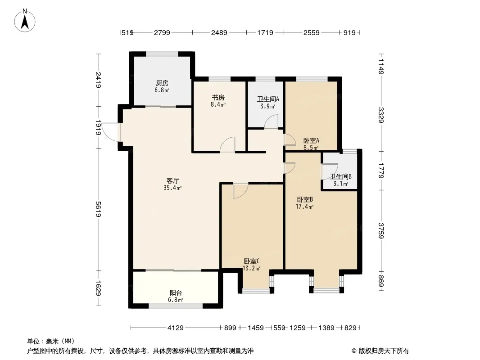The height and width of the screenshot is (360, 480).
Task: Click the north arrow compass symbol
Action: point(25,20)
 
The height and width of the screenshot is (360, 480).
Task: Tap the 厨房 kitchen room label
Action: point(162,83)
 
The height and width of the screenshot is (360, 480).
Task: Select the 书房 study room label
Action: point(218,98)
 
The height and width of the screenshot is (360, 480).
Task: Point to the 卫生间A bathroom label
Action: point(268,99)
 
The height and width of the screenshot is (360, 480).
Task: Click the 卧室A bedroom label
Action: point(311,141)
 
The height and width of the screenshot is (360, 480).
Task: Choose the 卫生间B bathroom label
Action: point(340,176)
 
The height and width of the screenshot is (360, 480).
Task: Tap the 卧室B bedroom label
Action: point(304,199)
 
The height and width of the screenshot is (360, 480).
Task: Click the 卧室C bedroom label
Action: point(252,261)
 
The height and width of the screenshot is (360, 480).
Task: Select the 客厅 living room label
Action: point(172,180)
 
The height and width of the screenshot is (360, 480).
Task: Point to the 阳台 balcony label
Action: point(176,292)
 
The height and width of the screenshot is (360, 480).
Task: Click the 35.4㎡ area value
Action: point(172,188)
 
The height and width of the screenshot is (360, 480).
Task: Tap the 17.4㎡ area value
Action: point(304,207)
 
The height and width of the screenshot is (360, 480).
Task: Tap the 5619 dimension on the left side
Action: point(98,209)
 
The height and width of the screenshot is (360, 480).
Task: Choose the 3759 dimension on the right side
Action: point(381,230)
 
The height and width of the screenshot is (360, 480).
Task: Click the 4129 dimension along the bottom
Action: point(176,328)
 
